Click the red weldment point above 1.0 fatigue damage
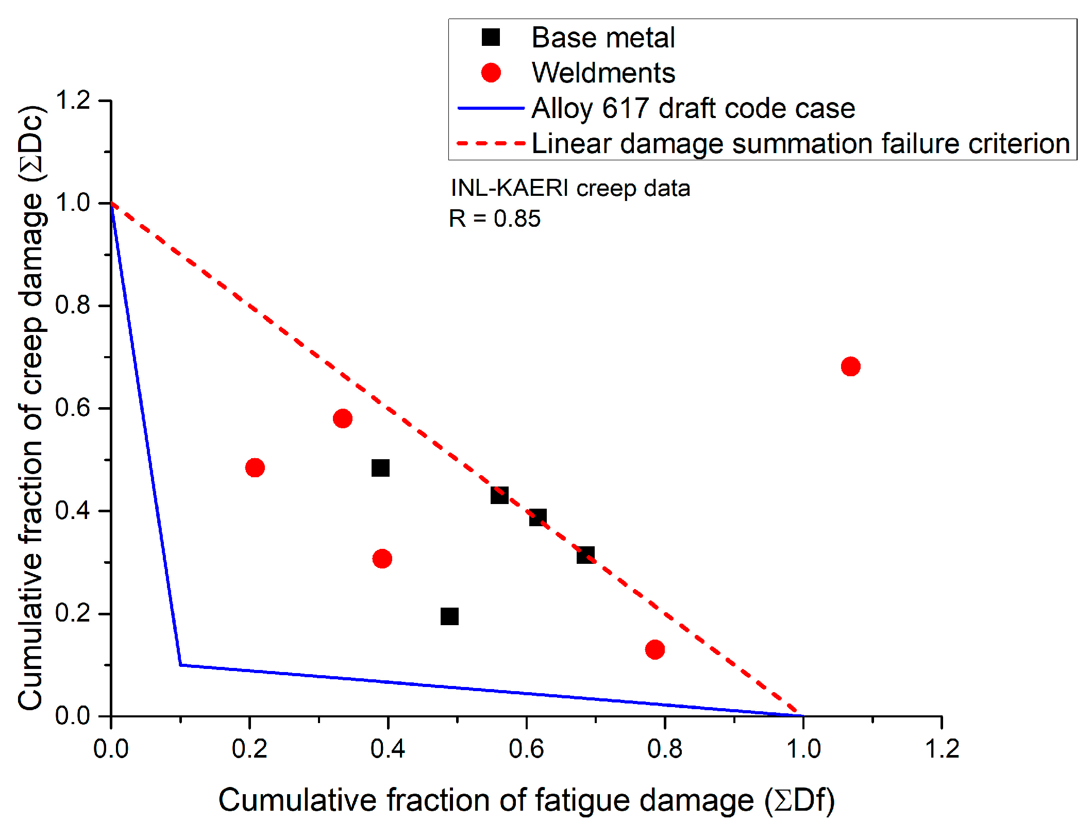tap(850, 366)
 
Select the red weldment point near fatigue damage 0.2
tap(255, 467)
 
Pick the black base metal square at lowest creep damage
tap(449, 616)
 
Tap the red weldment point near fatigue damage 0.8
tap(654, 649)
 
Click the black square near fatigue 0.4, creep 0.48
tap(380, 468)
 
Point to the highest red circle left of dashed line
tap(343, 418)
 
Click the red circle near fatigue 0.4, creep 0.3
tap(382, 558)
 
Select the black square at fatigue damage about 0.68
tap(585, 555)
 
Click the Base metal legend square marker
tap(491, 38)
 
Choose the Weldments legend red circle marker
tap(491, 73)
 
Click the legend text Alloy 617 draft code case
tap(693, 108)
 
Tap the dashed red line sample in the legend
tap(491, 143)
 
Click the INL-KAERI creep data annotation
tap(570, 188)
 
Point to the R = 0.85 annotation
tap(494, 219)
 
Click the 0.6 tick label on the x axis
tap(526, 749)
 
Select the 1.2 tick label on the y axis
tap(73, 100)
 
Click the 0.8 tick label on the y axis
tap(73, 305)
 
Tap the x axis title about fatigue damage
tap(526, 800)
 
